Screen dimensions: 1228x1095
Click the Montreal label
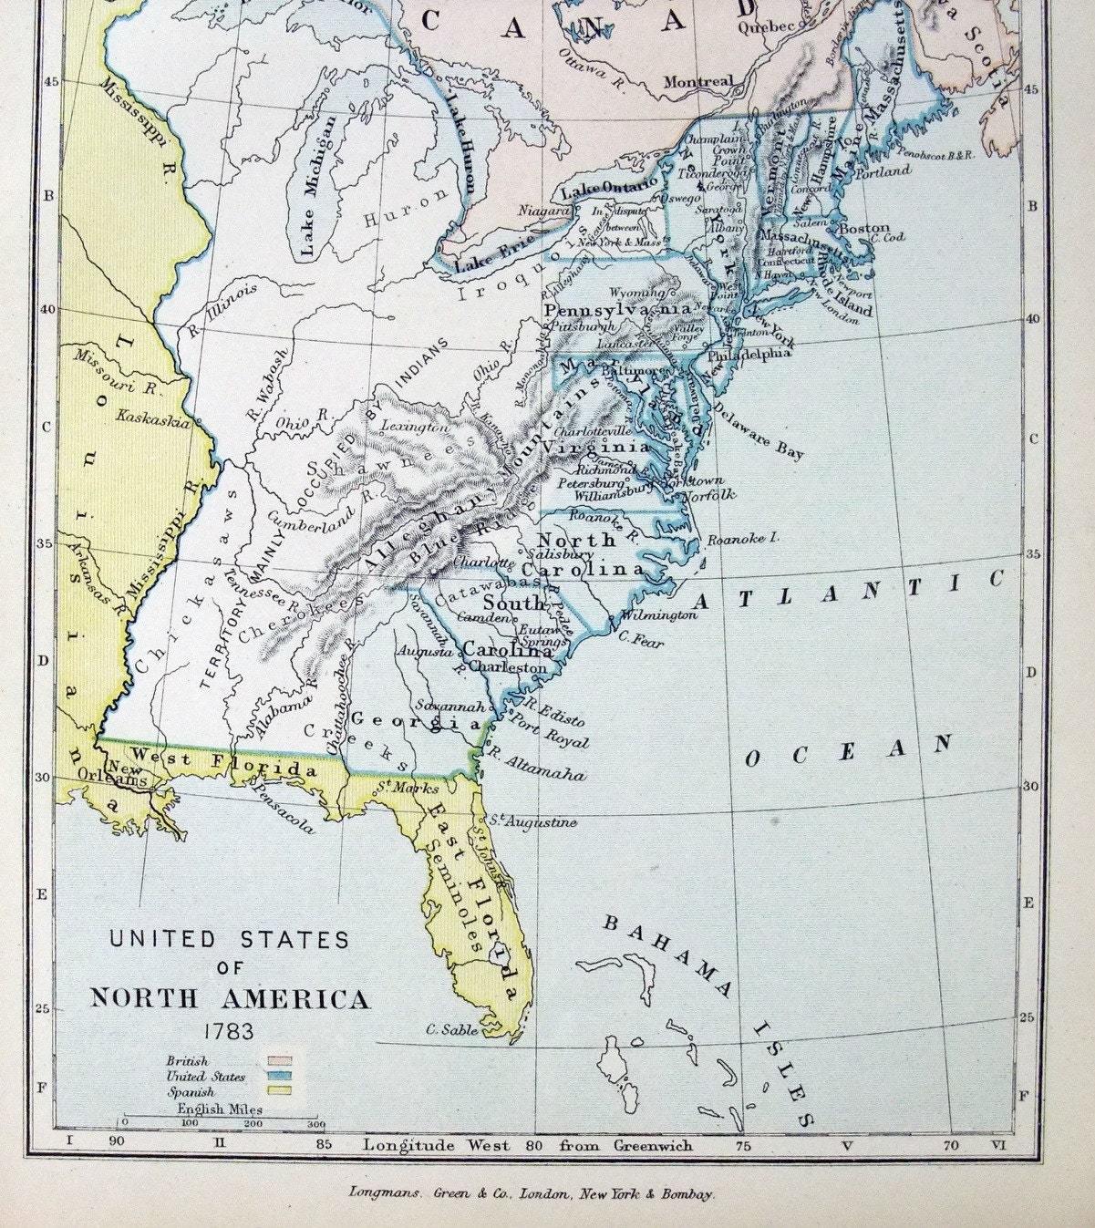697,82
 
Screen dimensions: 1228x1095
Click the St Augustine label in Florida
534,822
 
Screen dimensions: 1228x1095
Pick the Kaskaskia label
153,420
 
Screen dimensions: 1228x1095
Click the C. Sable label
452,1029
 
